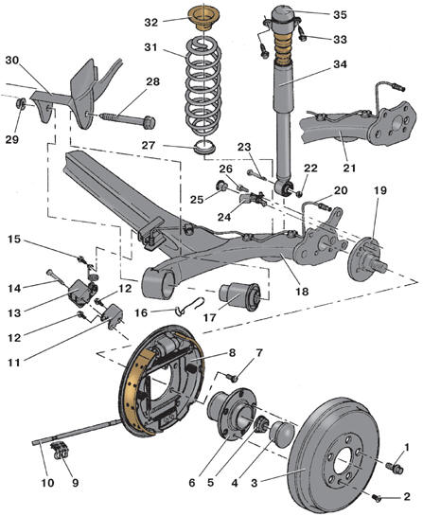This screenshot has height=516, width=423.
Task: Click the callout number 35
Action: point(340,15)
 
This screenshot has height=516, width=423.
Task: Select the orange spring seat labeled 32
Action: point(204,18)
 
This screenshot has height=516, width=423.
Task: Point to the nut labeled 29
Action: point(21,104)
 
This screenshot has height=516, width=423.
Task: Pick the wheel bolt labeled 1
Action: point(395,468)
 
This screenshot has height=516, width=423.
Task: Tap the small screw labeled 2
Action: point(378,498)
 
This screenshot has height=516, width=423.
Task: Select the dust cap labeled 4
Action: point(282,434)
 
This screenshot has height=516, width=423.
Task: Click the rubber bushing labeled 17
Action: point(240,295)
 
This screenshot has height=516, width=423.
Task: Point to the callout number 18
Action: point(302,292)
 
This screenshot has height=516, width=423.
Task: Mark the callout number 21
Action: point(349,169)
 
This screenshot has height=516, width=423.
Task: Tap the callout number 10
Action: point(47,483)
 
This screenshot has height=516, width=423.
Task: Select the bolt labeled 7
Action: point(233,378)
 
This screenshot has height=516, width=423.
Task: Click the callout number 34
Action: point(340,64)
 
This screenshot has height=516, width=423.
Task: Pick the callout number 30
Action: point(12,61)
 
